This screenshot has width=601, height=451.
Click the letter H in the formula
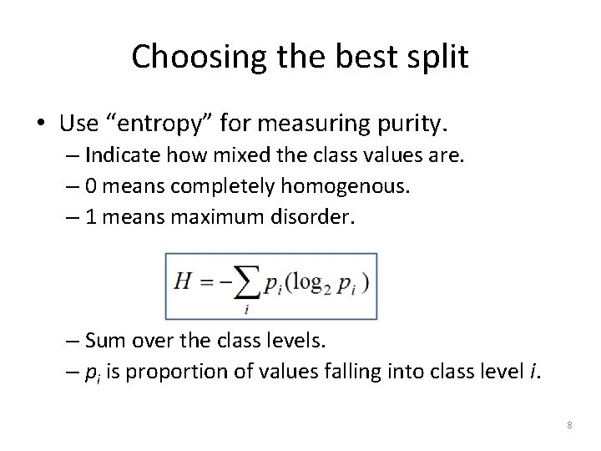point(183,282)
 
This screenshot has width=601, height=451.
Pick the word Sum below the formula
point(103,342)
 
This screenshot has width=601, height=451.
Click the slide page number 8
point(569,426)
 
